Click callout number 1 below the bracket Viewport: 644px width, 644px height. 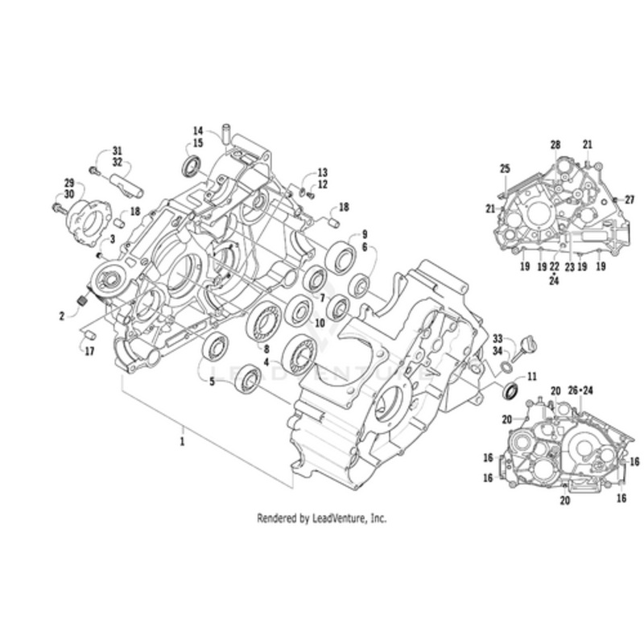click(x=183, y=442)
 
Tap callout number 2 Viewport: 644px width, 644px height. click(x=61, y=316)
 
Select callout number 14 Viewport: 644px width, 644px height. click(x=198, y=130)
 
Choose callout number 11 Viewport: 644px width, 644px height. click(x=531, y=376)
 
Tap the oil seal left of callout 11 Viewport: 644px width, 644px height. click(x=510, y=391)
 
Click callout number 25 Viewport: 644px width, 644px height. click(x=505, y=167)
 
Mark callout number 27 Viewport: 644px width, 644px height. click(x=630, y=199)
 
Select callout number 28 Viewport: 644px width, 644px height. click(x=555, y=144)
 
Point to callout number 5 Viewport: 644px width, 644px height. click(x=213, y=382)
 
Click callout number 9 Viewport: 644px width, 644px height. click(x=364, y=234)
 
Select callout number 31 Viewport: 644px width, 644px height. click(x=118, y=151)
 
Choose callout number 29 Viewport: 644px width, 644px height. click(x=69, y=183)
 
